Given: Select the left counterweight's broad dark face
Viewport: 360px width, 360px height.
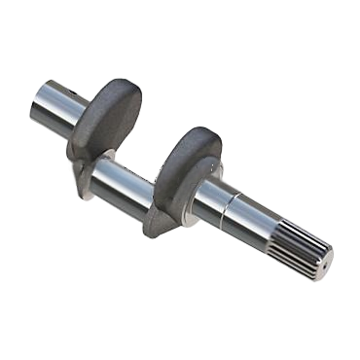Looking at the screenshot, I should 108,119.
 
